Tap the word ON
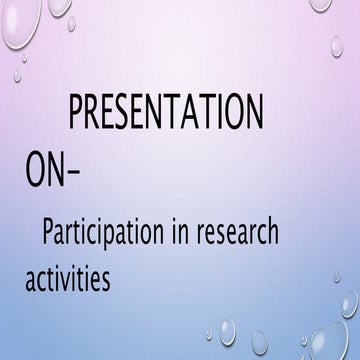[45, 170]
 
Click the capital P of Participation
[49, 236]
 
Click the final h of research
[271, 235]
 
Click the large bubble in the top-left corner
[18, 20]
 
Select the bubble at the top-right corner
[320, 5]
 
